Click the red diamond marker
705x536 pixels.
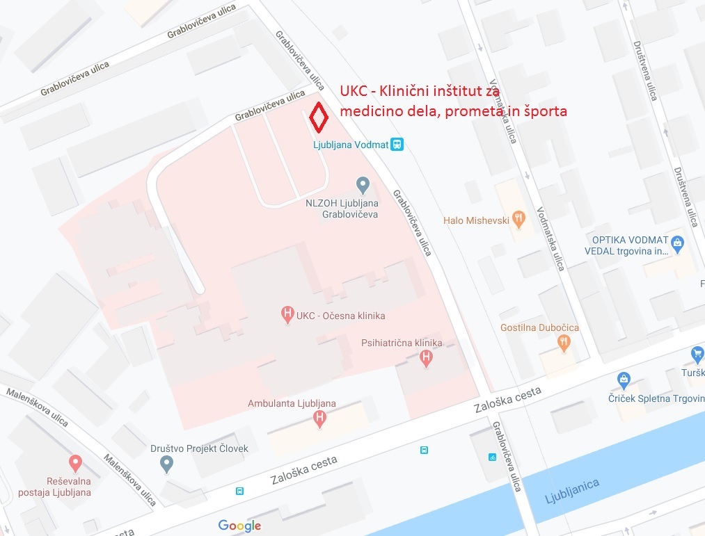[x=319, y=117]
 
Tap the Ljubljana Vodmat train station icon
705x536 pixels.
[x=397, y=145]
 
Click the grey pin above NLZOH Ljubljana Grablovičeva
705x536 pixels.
[x=362, y=185]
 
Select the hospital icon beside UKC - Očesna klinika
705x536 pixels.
[x=287, y=315]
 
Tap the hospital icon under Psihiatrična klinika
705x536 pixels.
[x=427, y=359]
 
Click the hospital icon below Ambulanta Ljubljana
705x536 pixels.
[x=319, y=418]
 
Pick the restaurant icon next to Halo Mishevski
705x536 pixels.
[x=518, y=220]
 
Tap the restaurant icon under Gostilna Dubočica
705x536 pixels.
[x=564, y=342]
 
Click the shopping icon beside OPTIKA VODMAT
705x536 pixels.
[x=678, y=242]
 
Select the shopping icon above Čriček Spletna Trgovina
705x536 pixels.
[x=624, y=380]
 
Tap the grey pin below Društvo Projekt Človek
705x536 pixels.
[x=166, y=463]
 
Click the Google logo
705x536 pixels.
[x=239, y=526]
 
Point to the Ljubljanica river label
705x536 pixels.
[x=571, y=489]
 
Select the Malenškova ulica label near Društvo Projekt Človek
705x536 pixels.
[x=130, y=480]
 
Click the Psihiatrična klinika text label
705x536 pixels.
[x=402, y=343]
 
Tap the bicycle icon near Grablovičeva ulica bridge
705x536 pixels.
[x=493, y=457]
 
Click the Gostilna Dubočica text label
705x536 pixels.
[x=539, y=327]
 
